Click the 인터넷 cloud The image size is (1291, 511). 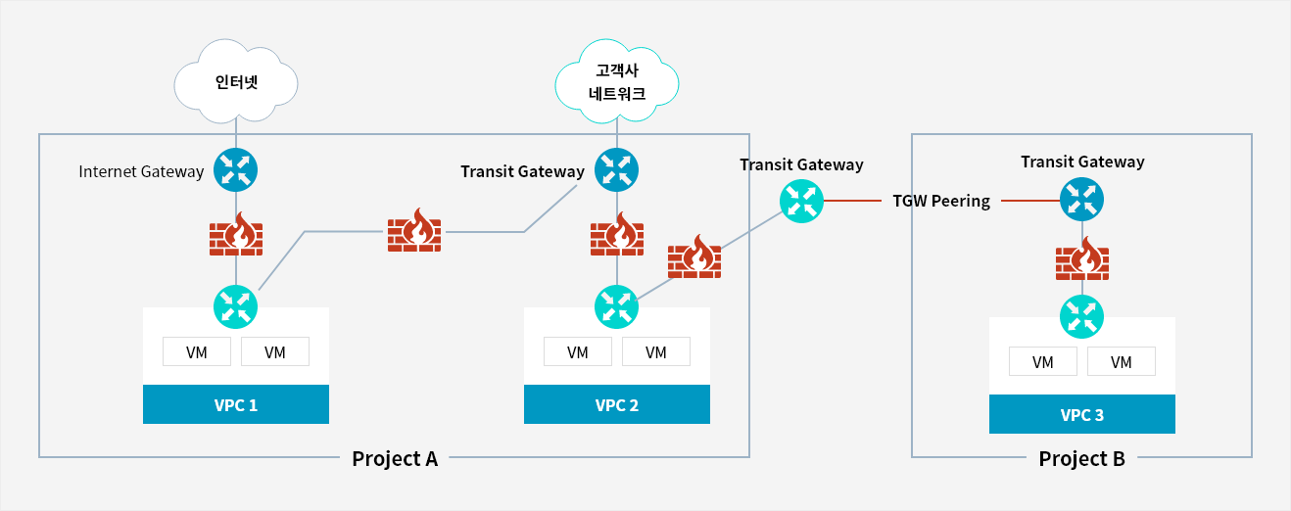click(x=236, y=82)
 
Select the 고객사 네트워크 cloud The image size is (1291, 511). click(x=617, y=82)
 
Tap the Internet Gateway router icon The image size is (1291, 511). click(x=236, y=170)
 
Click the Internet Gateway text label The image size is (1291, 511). click(x=141, y=171)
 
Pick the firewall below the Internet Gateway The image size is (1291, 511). click(x=236, y=234)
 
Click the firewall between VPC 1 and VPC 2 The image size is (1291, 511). click(x=414, y=230)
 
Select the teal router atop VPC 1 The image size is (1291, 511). click(x=236, y=306)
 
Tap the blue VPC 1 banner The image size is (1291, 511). click(x=236, y=404)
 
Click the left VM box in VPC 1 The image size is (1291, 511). click(x=197, y=351)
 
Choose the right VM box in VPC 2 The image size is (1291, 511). click(x=656, y=351)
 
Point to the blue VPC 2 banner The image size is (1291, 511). click(x=617, y=404)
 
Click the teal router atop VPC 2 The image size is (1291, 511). click(x=617, y=306)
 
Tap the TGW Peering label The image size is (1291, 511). click(x=941, y=201)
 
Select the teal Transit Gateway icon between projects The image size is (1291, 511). click(x=801, y=201)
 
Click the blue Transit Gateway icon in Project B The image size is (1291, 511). click(x=1081, y=200)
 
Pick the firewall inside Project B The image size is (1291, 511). click(x=1082, y=259)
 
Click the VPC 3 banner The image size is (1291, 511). click(x=1082, y=414)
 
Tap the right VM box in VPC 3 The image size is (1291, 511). click(x=1122, y=361)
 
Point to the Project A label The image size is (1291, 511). click(x=395, y=458)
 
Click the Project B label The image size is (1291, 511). click(x=1081, y=458)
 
